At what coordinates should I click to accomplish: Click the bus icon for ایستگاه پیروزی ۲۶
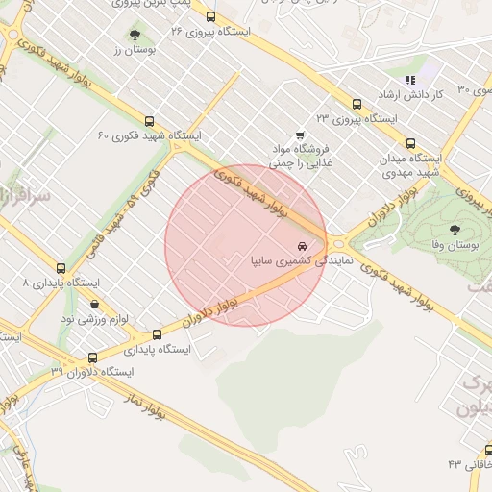coord(210,16)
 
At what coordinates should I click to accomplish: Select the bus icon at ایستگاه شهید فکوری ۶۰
coord(149,122)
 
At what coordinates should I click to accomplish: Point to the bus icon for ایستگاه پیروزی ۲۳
coord(357,104)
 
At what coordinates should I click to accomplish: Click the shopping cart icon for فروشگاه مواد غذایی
coord(300,135)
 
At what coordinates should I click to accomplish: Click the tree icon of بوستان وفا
coord(454,229)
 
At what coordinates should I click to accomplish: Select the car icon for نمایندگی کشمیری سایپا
coord(304,246)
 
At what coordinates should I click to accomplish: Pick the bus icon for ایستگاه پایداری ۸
coord(62,269)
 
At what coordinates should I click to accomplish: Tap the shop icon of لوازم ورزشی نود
coord(94,304)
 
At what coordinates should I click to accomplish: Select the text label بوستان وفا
coord(455,246)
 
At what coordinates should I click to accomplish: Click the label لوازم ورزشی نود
coord(94,318)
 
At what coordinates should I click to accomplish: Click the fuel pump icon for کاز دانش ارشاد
coord(410,81)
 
